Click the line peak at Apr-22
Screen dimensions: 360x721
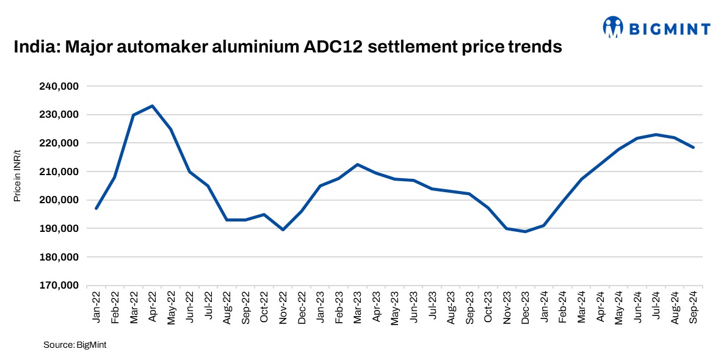point(152,106)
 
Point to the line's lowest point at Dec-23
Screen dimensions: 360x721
point(524,231)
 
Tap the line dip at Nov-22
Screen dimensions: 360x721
point(283,229)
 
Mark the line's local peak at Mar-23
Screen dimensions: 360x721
point(357,164)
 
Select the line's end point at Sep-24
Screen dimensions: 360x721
point(694,147)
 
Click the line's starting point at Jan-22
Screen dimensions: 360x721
point(96,209)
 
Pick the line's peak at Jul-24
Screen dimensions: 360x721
point(656,134)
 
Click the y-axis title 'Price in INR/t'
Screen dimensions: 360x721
point(18,177)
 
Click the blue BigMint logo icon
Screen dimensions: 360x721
point(613,27)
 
